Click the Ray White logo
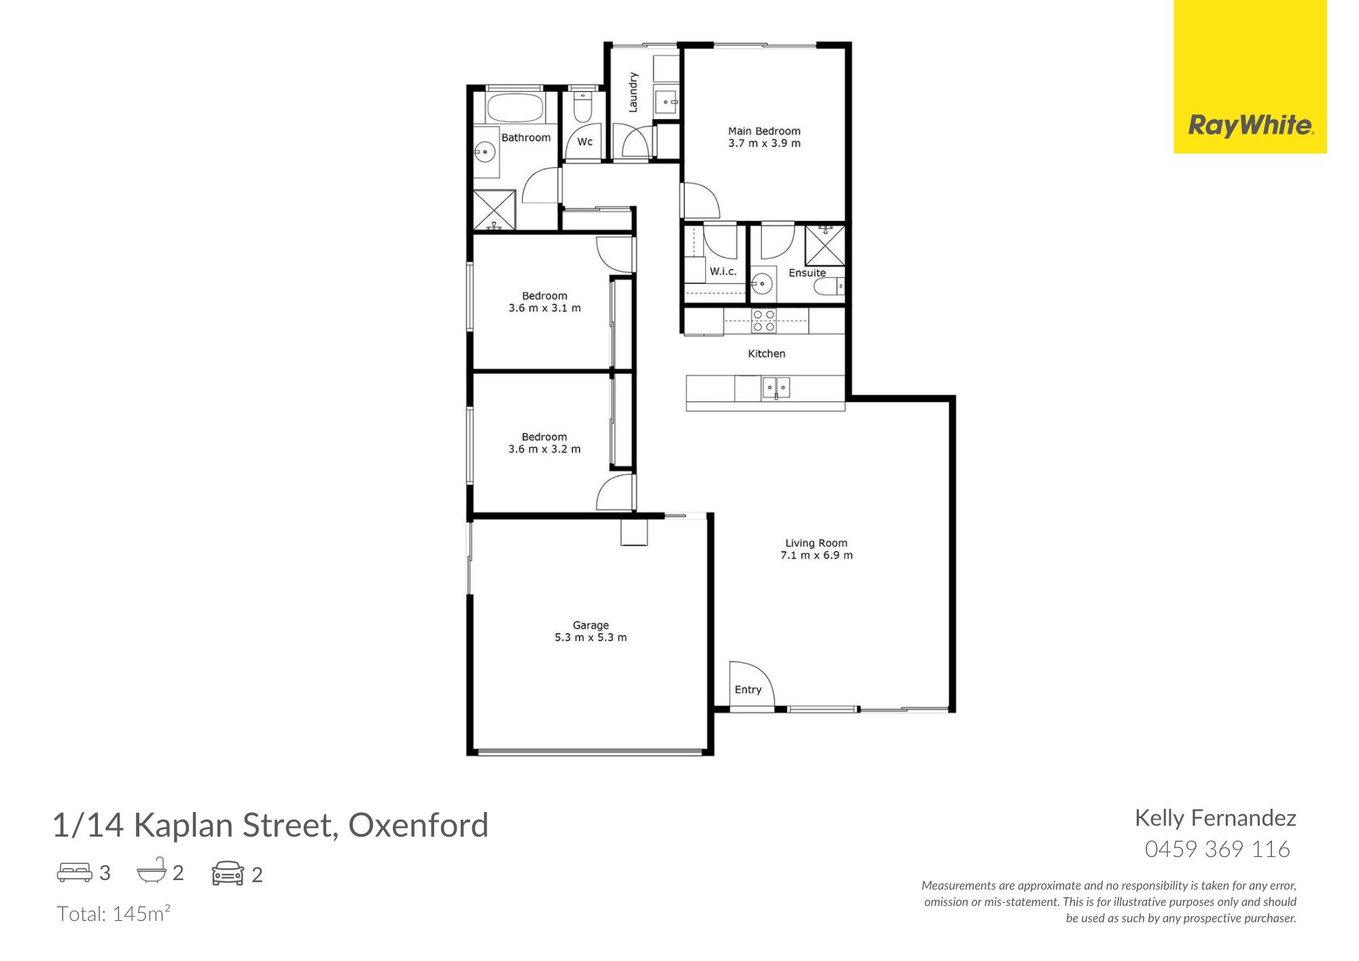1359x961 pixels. click(x=1250, y=126)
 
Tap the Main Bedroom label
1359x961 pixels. click(x=764, y=131)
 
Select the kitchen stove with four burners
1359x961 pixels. click(x=764, y=321)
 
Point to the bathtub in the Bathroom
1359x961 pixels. click(x=514, y=107)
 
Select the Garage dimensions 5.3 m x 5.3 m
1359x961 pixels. click(x=590, y=637)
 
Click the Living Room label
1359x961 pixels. click(x=816, y=543)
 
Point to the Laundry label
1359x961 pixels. click(x=633, y=92)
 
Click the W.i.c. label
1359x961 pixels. click(x=723, y=272)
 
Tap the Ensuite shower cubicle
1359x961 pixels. click(x=824, y=245)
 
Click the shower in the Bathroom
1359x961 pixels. click(x=495, y=210)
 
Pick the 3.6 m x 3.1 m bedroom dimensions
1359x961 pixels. click(x=544, y=308)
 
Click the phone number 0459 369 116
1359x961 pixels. click(x=1217, y=850)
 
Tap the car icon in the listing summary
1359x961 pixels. click(x=228, y=873)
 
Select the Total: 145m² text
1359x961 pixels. click(x=113, y=914)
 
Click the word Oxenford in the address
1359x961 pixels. click(x=418, y=826)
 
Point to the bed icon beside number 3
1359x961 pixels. click(x=75, y=873)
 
